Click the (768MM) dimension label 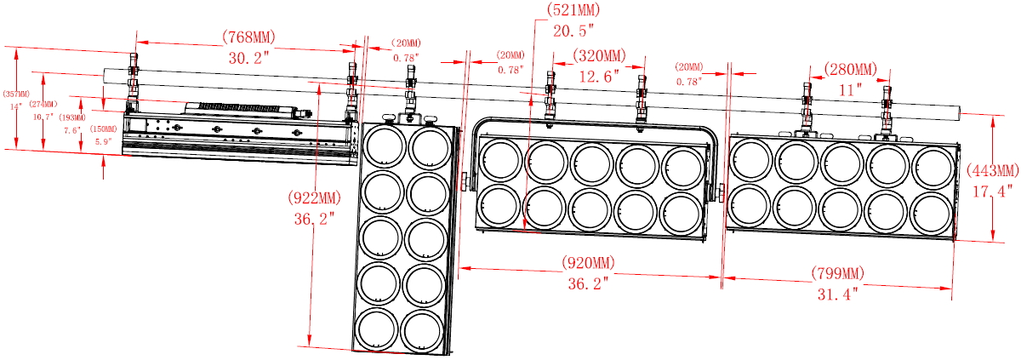tap(248, 37)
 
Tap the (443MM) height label tap(992, 169)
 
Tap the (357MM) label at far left tap(15, 94)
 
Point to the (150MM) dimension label tap(103, 129)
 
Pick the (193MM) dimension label tap(72, 117)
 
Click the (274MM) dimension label tap(43, 104)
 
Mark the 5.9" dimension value tap(103, 141)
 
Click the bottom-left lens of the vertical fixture tap(380, 328)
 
